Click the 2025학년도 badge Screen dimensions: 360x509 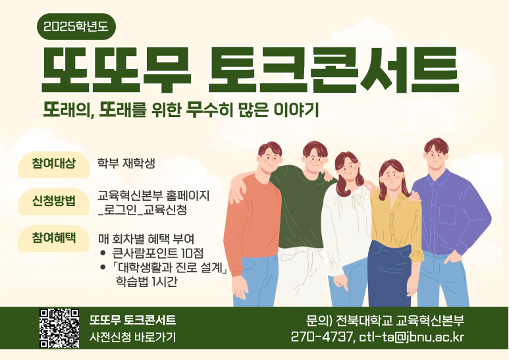click(76, 26)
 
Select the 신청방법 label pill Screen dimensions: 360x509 click(54, 201)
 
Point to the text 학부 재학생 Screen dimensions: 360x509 click(126, 163)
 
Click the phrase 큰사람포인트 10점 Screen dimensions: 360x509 click(158, 252)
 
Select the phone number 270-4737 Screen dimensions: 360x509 click(321, 338)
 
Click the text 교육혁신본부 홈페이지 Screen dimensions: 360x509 click(153, 195)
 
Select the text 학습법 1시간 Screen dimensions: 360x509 click(146, 281)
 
